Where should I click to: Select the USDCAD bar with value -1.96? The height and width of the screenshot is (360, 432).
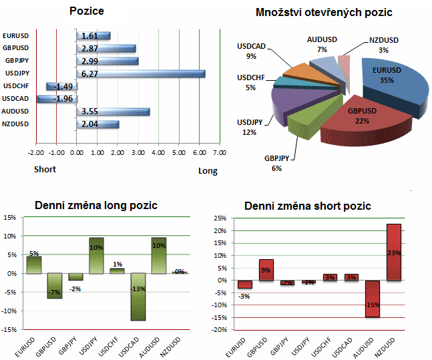point(57,99)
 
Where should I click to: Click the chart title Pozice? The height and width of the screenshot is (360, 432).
point(87,11)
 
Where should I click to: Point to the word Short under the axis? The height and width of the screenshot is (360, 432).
point(45,169)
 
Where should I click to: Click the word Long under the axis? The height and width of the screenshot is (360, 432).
point(208,171)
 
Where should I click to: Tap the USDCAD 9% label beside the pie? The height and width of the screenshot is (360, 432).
point(251,51)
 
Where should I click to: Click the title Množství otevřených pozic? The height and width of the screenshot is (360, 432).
point(324,13)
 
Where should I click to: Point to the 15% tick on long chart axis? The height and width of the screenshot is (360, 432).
point(10,218)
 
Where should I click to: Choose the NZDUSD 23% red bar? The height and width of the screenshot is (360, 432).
point(394,252)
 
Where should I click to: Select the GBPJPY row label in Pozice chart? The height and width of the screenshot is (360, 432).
point(15,61)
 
